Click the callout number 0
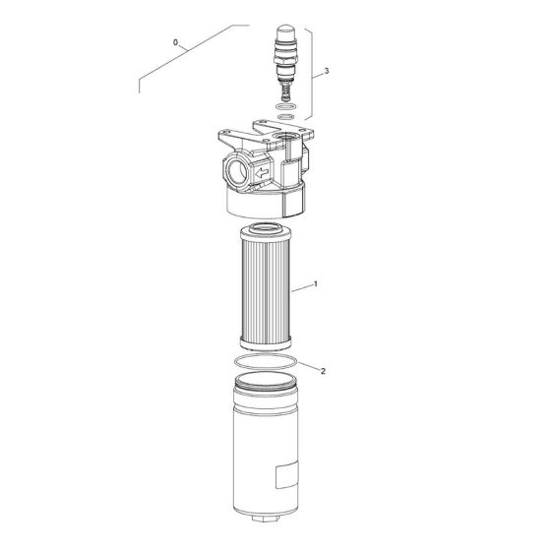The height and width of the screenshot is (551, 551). click(x=175, y=42)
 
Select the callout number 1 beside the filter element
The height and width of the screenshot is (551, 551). click(x=316, y=283)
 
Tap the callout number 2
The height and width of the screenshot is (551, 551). click(x=324, y=371)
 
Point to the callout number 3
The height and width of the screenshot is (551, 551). click(x=327, y=71)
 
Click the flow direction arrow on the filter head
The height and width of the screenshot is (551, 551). click(x=262, y=172)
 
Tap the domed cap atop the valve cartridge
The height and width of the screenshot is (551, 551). click(x=285, y=31)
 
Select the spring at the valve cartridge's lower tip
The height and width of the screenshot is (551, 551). click(x=286, y=93)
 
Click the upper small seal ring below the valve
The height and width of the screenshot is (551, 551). click(x=285, y=106)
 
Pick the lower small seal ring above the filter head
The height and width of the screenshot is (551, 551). click(x=285, y=116)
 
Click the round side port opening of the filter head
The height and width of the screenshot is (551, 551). click(x=237, y=172)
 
